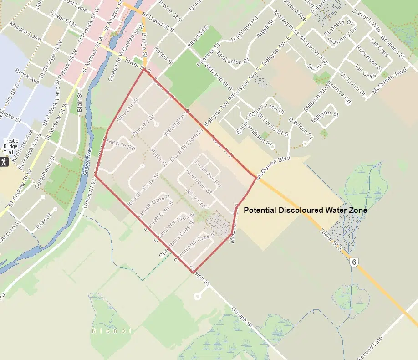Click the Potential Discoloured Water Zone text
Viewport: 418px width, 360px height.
click(x=305, y=211)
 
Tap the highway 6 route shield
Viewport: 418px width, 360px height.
click(x=354, y=262)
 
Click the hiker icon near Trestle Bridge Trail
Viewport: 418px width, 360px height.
click(x=4, y=161)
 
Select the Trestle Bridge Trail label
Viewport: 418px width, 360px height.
click(x=10, y=146)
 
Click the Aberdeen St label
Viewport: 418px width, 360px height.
click(x=197, y=180)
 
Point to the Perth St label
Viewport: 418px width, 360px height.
click(x=159, y=157)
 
